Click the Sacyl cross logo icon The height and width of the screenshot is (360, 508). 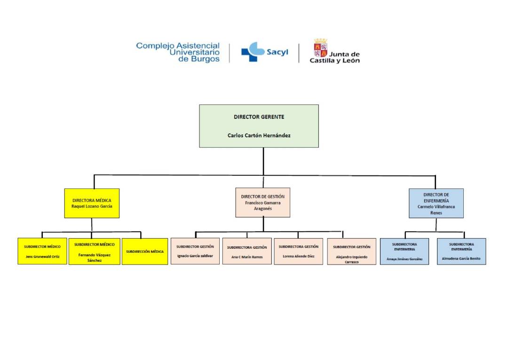point(253,52)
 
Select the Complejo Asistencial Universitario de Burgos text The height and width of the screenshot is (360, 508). point(178,52)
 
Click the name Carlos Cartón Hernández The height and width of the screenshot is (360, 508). point(259,135)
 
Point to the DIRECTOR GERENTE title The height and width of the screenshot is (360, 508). point(259,117)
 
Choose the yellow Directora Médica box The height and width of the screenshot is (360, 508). point(92,203)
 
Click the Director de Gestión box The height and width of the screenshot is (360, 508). point(262,203)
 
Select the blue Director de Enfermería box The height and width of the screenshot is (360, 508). point(436,203)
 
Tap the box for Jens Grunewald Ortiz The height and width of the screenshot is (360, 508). point(42,251)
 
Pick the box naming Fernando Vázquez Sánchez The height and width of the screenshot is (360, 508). point(94,251)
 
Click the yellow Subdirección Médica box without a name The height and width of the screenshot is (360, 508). point(144,251)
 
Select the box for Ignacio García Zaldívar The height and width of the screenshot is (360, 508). point(195,251)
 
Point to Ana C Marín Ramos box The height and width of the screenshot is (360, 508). point(246,251)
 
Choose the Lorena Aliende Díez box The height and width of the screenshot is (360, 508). point(298,251)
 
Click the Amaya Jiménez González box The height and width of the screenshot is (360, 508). point(404,251)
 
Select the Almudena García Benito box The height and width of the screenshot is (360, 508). point(461,251)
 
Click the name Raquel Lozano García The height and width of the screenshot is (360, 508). point(92,206)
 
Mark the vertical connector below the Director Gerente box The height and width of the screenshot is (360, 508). point(263,161)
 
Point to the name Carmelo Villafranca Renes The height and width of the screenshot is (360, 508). point(436,209)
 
